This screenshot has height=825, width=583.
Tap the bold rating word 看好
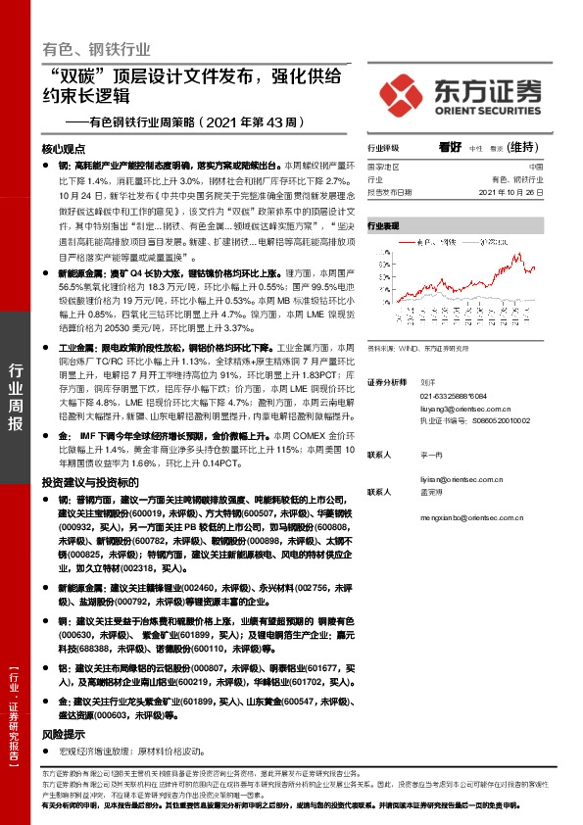pos(451,147)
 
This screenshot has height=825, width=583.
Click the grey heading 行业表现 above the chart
pos(384,225)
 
